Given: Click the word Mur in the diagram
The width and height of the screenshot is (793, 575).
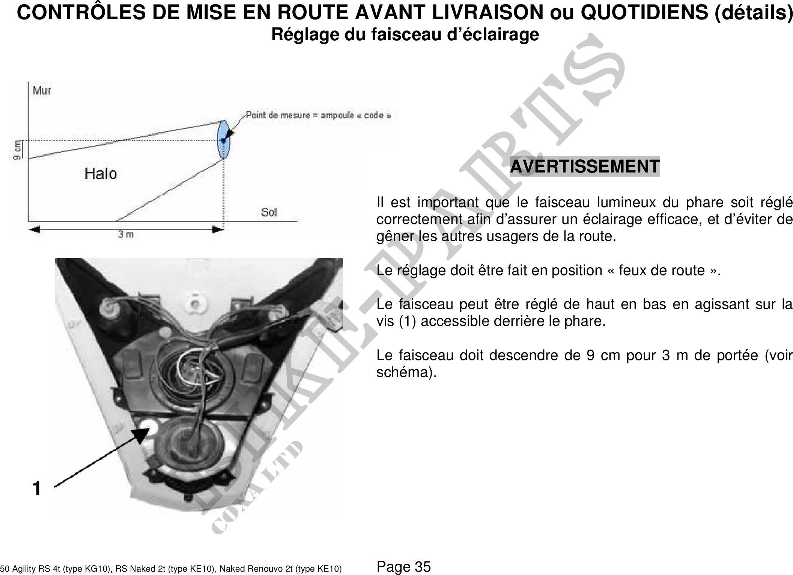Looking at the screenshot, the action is pos(42,90).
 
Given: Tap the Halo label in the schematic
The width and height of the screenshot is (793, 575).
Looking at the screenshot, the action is pos(101,174).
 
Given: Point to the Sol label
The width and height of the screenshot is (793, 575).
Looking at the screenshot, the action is pos(269,212).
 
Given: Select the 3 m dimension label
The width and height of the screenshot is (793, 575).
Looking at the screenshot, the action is pos(126,235).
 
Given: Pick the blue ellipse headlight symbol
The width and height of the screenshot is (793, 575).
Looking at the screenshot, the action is pos(224,140).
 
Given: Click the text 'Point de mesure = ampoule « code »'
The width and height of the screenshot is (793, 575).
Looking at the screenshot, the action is pos(318,115).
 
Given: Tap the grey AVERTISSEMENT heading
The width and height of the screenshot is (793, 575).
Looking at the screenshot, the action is pos(585,166).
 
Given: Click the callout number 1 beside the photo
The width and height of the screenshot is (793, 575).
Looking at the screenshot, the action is pos(36,489).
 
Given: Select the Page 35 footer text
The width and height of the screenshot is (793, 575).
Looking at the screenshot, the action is pos(404,566).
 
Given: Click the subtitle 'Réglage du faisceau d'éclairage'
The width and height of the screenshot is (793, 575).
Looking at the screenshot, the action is pos(405,35).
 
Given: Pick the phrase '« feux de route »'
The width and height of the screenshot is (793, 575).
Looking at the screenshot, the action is pos(662,270).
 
